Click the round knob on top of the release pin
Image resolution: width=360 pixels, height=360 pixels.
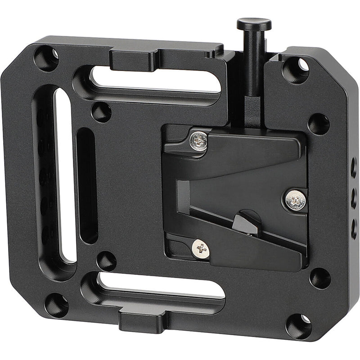[254, 23]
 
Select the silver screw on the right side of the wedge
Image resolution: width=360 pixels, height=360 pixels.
[295, 200]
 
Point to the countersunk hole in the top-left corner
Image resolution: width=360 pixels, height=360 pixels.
[46, 59]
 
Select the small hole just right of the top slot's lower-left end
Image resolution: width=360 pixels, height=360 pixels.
[101, 112]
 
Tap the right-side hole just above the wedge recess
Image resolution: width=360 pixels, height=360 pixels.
[319, 124]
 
